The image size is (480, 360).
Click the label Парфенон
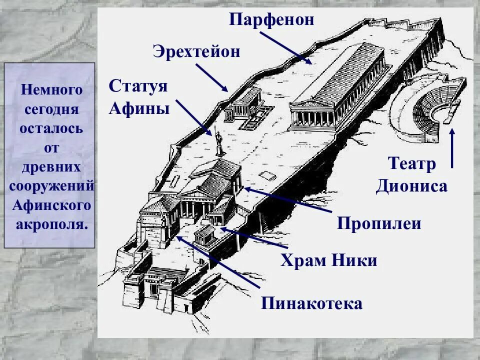click(272, 19)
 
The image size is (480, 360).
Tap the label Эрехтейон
click(196, 51)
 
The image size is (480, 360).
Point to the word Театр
click(411, 164)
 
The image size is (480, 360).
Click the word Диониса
click(411, 186)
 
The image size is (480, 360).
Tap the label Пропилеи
click(379, 223)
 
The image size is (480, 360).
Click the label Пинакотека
click(311, 303)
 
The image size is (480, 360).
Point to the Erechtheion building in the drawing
click(243, 105)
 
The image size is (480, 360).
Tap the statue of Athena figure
click(218, 142)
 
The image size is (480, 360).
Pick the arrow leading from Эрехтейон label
click(211, 77)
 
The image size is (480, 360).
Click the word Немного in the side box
click(51, 90)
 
